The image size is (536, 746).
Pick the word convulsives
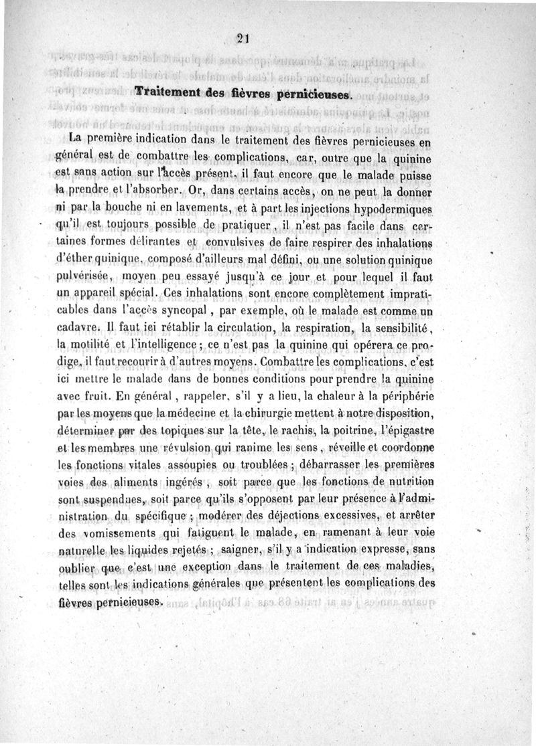(x=235, y=242)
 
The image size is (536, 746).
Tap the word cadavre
(x=80, y=327)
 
